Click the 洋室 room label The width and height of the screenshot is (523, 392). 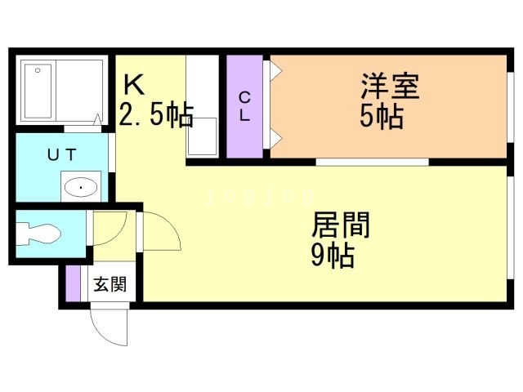click(390, 87)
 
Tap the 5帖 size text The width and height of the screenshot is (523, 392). click(382, 117)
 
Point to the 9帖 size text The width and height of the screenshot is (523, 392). click(332, 256)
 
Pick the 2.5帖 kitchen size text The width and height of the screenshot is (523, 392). click(156, 115)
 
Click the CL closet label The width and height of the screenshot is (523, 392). click(244, 107)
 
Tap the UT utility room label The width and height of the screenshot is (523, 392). click(61, 154)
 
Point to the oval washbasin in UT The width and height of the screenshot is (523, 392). click(81, 188)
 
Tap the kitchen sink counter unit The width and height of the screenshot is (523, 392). click(202, 107)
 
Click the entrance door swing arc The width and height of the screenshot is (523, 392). click(110, 327)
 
